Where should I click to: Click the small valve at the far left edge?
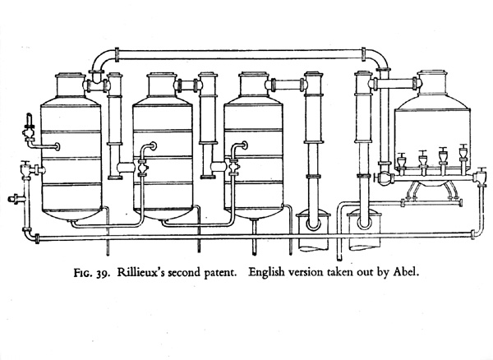click(12, 198)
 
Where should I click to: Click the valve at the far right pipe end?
click(480, 175)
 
